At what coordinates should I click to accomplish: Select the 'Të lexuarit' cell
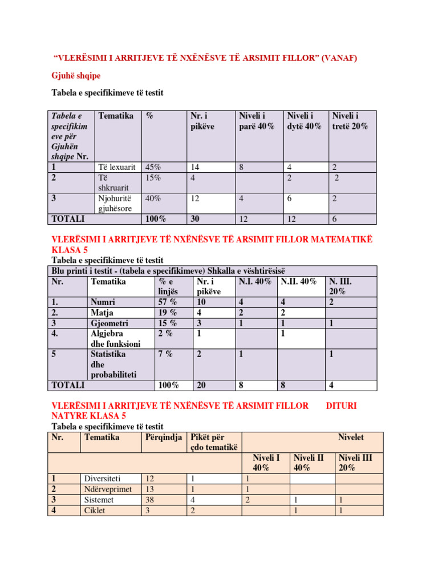click(x=116, y=167)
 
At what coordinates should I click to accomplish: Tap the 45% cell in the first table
click(x=153, y=167)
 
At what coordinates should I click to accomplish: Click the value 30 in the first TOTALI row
click(x=195, y=219)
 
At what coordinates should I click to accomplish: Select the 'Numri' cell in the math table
click(x=103, y=302)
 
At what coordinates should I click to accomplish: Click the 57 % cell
click(x=168, y=302)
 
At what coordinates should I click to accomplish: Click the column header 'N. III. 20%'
click(x=340, y=286)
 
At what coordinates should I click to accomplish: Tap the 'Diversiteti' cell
click(x=103, y=478)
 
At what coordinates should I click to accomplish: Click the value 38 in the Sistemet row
click(x=151, y=500)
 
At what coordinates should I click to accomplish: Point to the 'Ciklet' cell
click(x=95, y=510)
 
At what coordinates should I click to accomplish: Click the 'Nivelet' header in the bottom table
click(x=351, y=437)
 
